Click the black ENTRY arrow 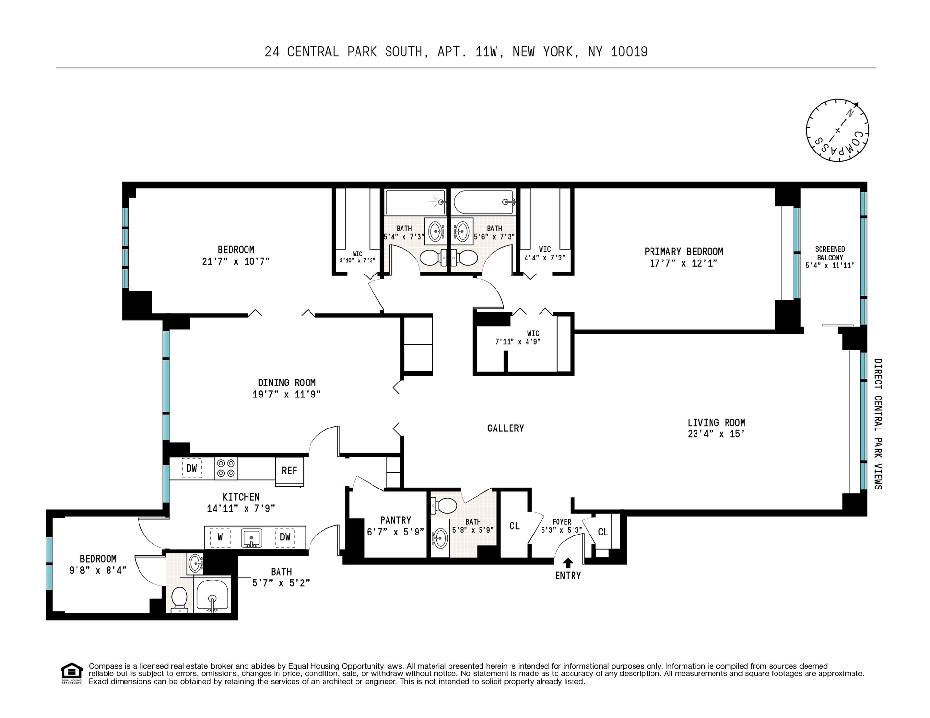point(568,563)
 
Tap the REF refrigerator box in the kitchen point(290,471)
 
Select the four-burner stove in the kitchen point(226,468)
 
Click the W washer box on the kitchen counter point(220,537)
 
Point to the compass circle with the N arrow point(837,130)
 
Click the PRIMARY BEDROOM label point(683,252)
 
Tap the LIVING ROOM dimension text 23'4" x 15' point(716,434)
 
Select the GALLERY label point(505,428)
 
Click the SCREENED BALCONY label point(830,254)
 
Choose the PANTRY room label point(396,520)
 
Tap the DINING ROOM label point(287,383)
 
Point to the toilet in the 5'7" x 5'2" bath point(180,600)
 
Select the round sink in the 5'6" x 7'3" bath point(463,231)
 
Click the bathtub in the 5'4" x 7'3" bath point(415,202)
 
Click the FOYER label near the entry point(562,522)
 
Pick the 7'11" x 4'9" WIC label point(533,334)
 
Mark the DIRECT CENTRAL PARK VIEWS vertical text point(878,424)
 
